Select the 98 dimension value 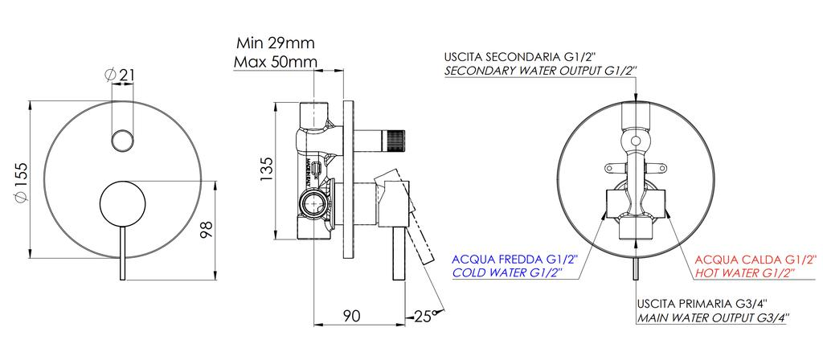pyautogui.click(x=207, y=230)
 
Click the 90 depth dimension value pyautogui.click(x=351, y=316)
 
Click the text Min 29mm pyautogui.click(x=276, y=43)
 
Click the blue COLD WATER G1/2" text pyautogui.click(x=506, y=273)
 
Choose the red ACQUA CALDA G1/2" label pyautogui.click(x=755, y=259)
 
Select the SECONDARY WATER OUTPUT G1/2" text pyautogui.click(x=541, y=72)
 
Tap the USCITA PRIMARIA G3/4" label pyautogui.click(x=702, y=304)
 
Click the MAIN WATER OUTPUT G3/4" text pyautogui.click(x=712, y=318)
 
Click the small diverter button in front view pyautogui.click(x=122, y=139)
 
